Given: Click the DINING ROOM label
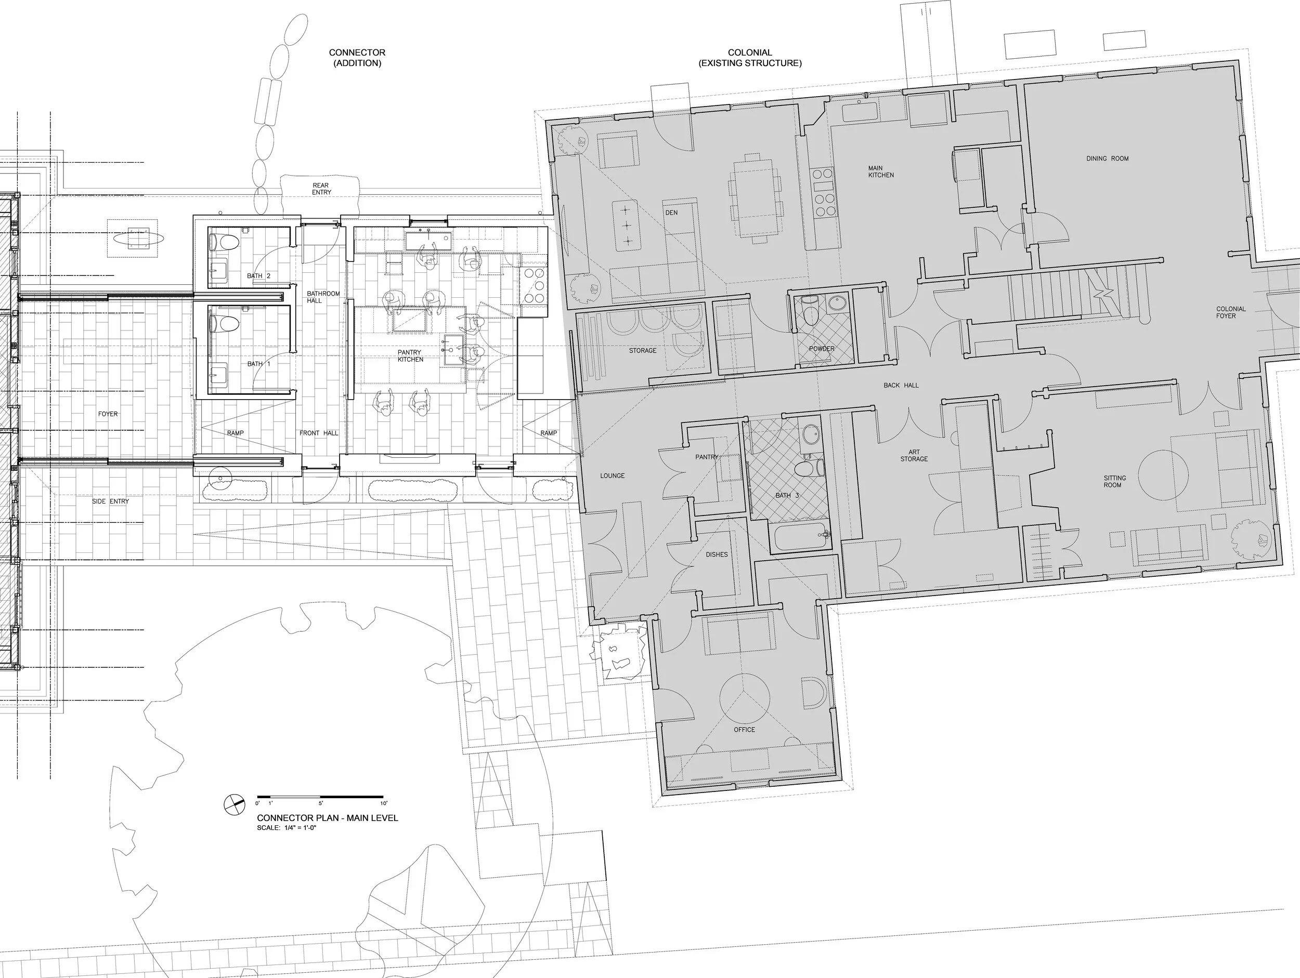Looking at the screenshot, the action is click(1107, 158).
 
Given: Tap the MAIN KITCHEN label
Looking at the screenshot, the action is click(881, 171).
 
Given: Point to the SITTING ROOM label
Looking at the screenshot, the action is click(1114, 482).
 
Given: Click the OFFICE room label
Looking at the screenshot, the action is click(744, 730).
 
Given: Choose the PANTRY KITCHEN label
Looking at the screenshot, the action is click(410, 356).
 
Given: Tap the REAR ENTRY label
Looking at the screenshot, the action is click(321, 189).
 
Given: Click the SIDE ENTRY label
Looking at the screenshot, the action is click(110, 501).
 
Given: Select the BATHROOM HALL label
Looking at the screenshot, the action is click(323, 297).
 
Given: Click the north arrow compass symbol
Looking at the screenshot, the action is click(235, 805).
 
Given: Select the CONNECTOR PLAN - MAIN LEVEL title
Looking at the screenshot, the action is click(328, 817).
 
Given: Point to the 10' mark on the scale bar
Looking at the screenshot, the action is click(383, 803).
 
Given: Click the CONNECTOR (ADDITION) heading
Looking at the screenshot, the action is click(357, 58).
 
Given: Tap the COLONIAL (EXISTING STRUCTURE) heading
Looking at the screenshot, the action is click(750, 58).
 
